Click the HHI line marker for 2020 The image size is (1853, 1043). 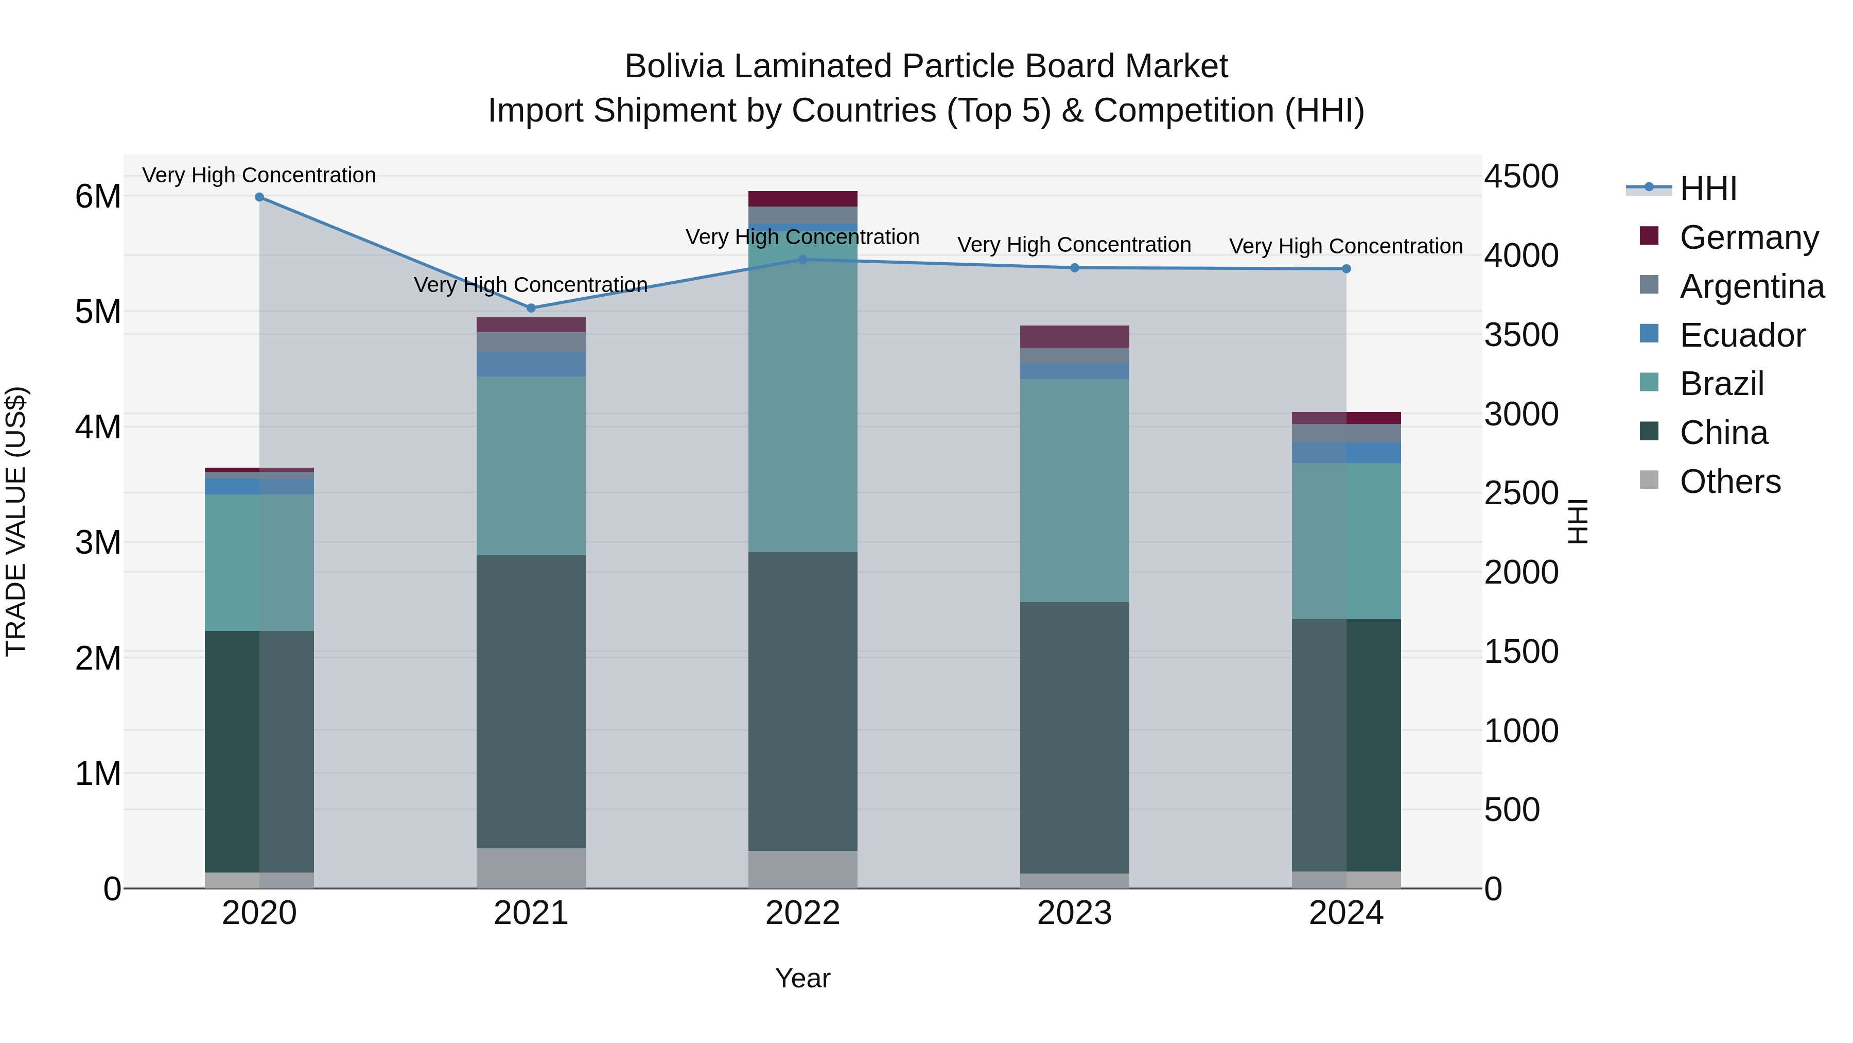[x=260, y=197]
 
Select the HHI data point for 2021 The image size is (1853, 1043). [x=531, y=308]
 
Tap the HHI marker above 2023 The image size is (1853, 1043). [x=1075, y=268]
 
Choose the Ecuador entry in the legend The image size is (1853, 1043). [x=1742, y=335]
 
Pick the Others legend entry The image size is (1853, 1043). [x=1730, y=482]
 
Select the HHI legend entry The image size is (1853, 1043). [x=1708, y=189]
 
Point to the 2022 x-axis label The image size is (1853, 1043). [x=803, y=913]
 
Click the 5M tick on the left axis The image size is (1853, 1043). [x=98, y=312]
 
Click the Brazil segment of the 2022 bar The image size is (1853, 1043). [x=803, y=396]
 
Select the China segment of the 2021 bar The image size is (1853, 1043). [x=531, y=702]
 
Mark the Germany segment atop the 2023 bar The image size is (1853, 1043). [x=1075, y=336]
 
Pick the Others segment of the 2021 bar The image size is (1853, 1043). [x=531, y=868]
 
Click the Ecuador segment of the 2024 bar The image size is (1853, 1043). [x=1346, y=453]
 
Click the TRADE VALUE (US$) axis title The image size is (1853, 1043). [x=16, y=521]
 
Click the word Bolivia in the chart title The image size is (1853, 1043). [x=673, y=67]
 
